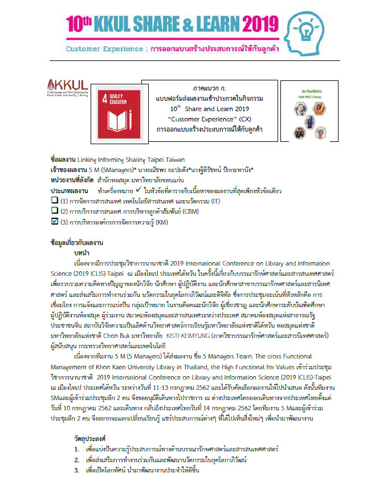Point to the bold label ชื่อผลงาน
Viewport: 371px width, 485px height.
(x=62, y=161)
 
